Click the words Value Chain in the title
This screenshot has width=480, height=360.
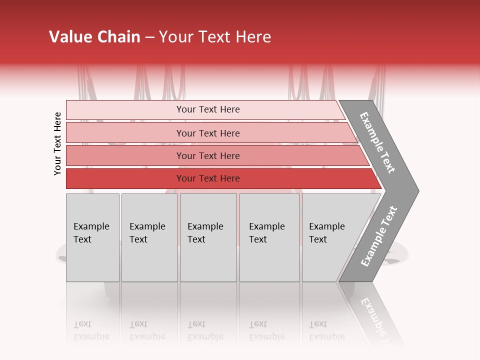(x=94, y=37)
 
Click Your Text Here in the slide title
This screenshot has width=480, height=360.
(x=215, y=37)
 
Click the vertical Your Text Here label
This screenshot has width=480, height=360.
(x=57, y=143)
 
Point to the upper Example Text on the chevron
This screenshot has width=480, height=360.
(x=377, y=142)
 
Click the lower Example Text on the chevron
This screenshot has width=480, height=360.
(x=378, y=236)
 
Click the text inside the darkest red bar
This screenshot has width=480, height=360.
(x=208, y=178)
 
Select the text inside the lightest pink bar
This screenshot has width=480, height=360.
(x=208, y=109)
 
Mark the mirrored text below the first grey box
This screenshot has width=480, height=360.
(x=91, y=331)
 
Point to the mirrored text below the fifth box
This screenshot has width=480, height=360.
(x=326, y=331)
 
